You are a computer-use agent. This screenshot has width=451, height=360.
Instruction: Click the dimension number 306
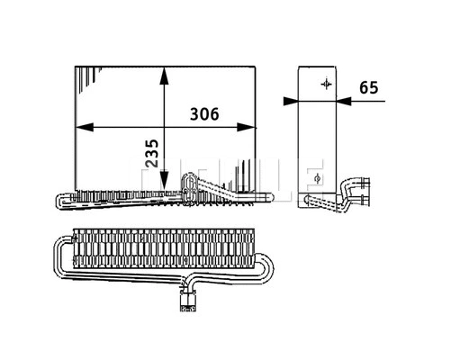coord(206,115)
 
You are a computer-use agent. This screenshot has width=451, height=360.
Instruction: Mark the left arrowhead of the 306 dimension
coord(81,127)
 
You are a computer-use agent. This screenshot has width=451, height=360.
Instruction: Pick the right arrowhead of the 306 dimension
coord(253,127)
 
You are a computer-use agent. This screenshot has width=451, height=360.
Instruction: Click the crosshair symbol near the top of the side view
coord(325,85)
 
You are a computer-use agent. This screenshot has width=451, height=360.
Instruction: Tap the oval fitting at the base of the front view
coord(190,185)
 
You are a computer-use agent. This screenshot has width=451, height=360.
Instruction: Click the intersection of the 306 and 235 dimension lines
coord(163,127)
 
